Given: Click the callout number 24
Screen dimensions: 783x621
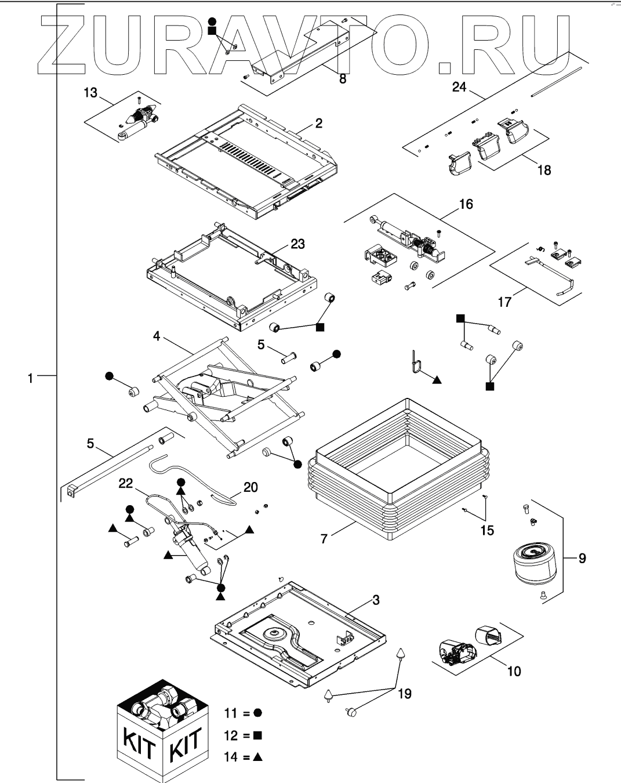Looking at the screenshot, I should pos(459,87).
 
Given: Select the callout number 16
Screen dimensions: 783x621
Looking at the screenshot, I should pos(466,204).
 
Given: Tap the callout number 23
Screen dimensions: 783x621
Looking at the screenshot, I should pos(297,244).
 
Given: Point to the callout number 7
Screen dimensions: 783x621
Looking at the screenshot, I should pos(324,539).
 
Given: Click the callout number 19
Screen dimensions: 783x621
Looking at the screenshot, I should pos(405,693).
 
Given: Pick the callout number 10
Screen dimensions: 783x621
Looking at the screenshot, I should pos(514,671).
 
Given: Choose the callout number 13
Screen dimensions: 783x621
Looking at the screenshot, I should pos(91,93).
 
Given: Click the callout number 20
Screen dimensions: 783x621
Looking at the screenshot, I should pos(250,487).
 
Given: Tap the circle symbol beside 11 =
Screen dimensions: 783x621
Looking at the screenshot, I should pos(258,712).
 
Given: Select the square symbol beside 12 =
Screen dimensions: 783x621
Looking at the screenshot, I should pos(258,735).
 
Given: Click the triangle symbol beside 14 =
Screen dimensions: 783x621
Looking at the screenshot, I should pos(258,757).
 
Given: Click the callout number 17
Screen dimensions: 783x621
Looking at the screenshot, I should pos(504,302).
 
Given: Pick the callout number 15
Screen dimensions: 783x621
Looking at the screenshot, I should pos(487,530).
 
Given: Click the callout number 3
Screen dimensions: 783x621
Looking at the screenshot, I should pos(376,600).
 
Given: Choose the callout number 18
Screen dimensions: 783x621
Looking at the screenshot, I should pos(544,170).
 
